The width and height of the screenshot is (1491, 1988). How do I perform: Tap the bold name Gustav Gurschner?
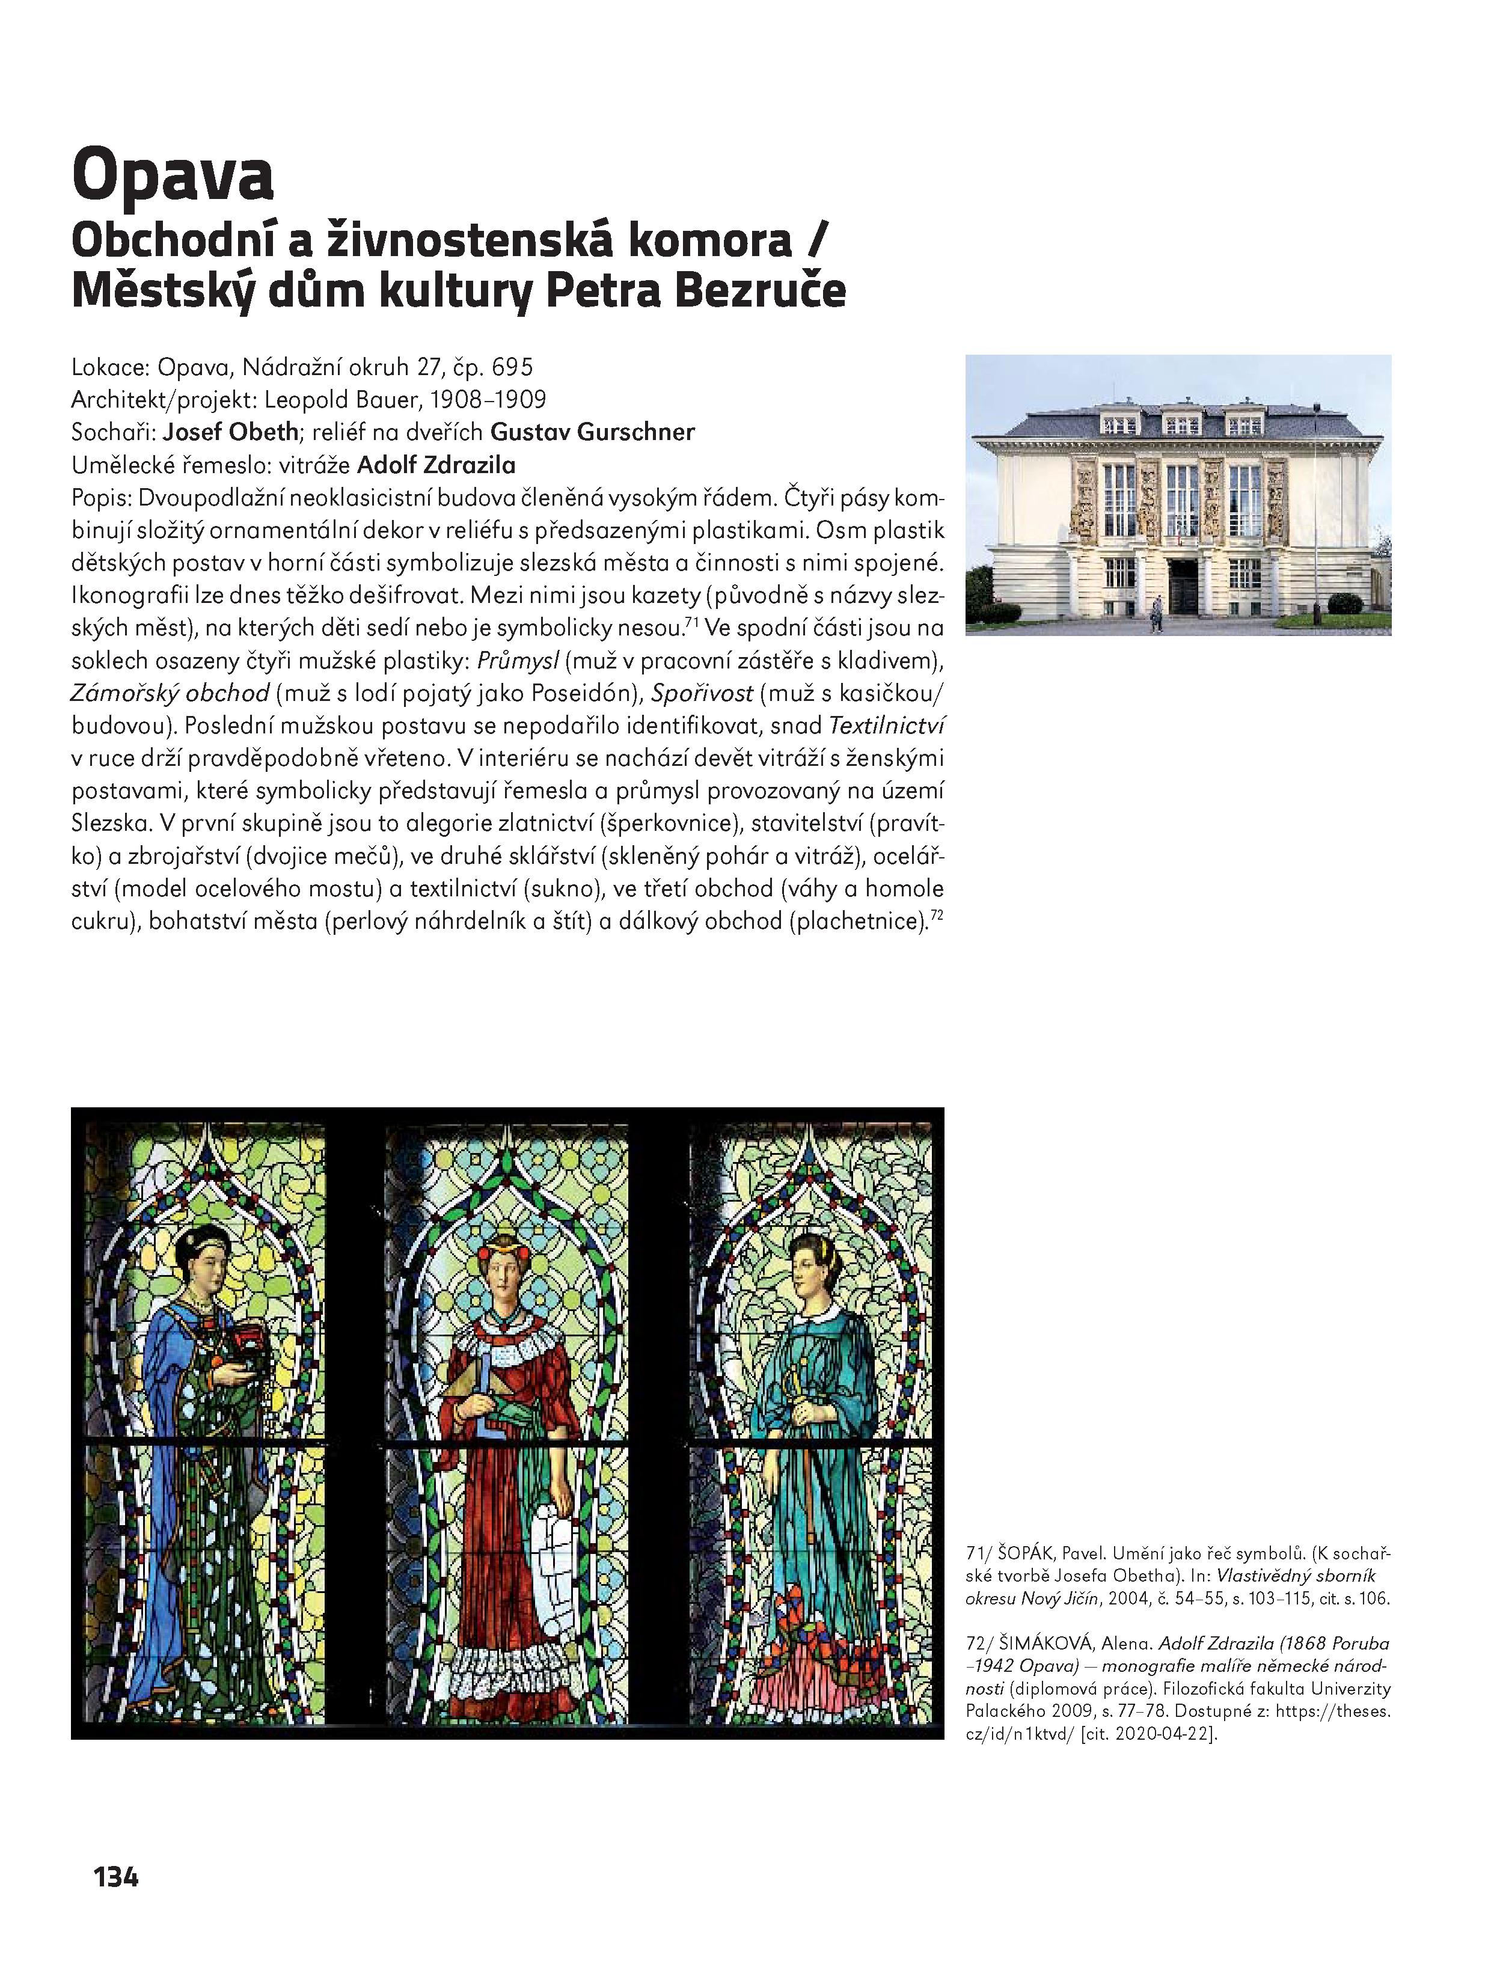click(592, 432)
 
